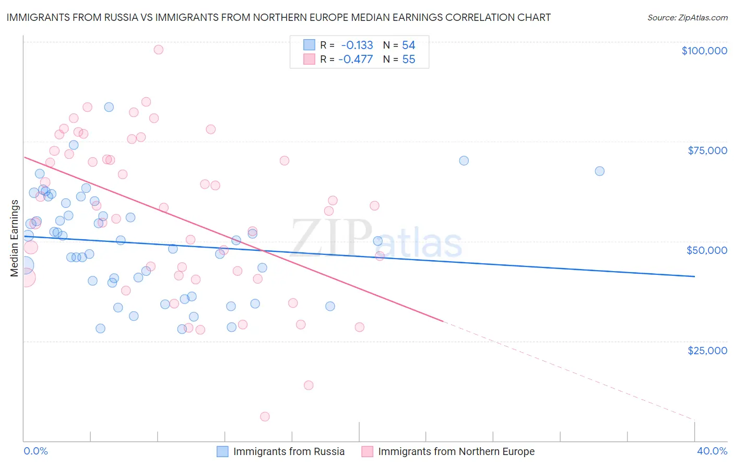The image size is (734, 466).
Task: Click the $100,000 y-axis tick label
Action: pyautogui.click(x=704, y=51)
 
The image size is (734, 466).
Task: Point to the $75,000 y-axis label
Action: pyautogui.click(x=707, y=150)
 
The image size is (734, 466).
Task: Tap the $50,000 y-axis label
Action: pyautogui.click(x=707, y=250)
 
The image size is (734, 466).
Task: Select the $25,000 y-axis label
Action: pyautogui.click(x=707, y=350)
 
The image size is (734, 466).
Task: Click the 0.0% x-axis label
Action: pyautogui.click(x=35, y=451)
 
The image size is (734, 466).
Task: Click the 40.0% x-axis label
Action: pyautogui.click(x=712, y=451)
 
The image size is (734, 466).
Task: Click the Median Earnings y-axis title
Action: pyautogui.click(x=15, y=238)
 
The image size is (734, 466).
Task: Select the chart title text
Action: pyautogui.click(x=278, y=17)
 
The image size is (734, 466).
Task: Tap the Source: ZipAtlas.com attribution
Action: pyautogui.click(x=687, y=18)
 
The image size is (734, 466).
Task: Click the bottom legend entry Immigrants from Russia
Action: pyautogui.click(x=289, y=451)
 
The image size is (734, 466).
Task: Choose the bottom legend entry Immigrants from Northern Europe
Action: pyautogui.click(x=456, y=451)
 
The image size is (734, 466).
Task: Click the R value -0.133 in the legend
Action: pyautogui.click(x=357, y=45)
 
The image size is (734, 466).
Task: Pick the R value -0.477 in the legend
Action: pyautogui.click(x=356, y=59)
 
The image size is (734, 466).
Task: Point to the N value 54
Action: pyautogui.click(x=408, y=45)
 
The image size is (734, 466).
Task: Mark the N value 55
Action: pyautogui.click(x=408, y=59)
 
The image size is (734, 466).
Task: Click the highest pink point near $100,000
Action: pyautogui.click(x=159, y=50)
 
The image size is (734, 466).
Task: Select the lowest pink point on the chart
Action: pyautogui.click(x=265, y=416)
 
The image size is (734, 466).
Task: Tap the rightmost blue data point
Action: pyautogui.click(x=599, y=171)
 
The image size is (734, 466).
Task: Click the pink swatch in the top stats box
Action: pyautogui.click(x=310, y=59)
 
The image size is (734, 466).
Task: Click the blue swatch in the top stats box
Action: pyautogui.click(x=310, y=45)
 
